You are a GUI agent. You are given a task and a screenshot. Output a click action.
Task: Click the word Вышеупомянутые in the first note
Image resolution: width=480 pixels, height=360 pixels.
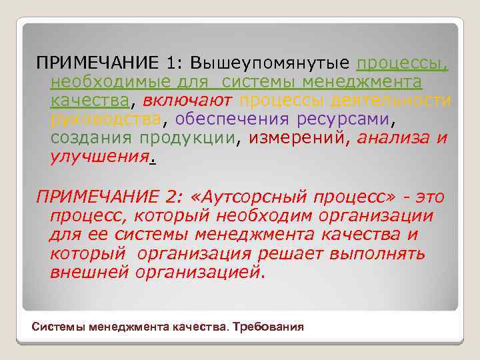[x=270, y=63]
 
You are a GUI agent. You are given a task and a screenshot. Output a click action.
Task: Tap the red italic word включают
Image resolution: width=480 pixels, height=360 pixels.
[x=187, y=101]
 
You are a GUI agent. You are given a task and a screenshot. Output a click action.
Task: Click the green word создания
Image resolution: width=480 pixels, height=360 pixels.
[x=91, y=139]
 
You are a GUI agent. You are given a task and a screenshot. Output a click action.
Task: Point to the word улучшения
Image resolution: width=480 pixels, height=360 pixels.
[x=99, y=159]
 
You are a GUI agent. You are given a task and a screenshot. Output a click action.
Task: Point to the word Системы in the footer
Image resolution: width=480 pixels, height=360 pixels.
[x=58, y=327]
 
